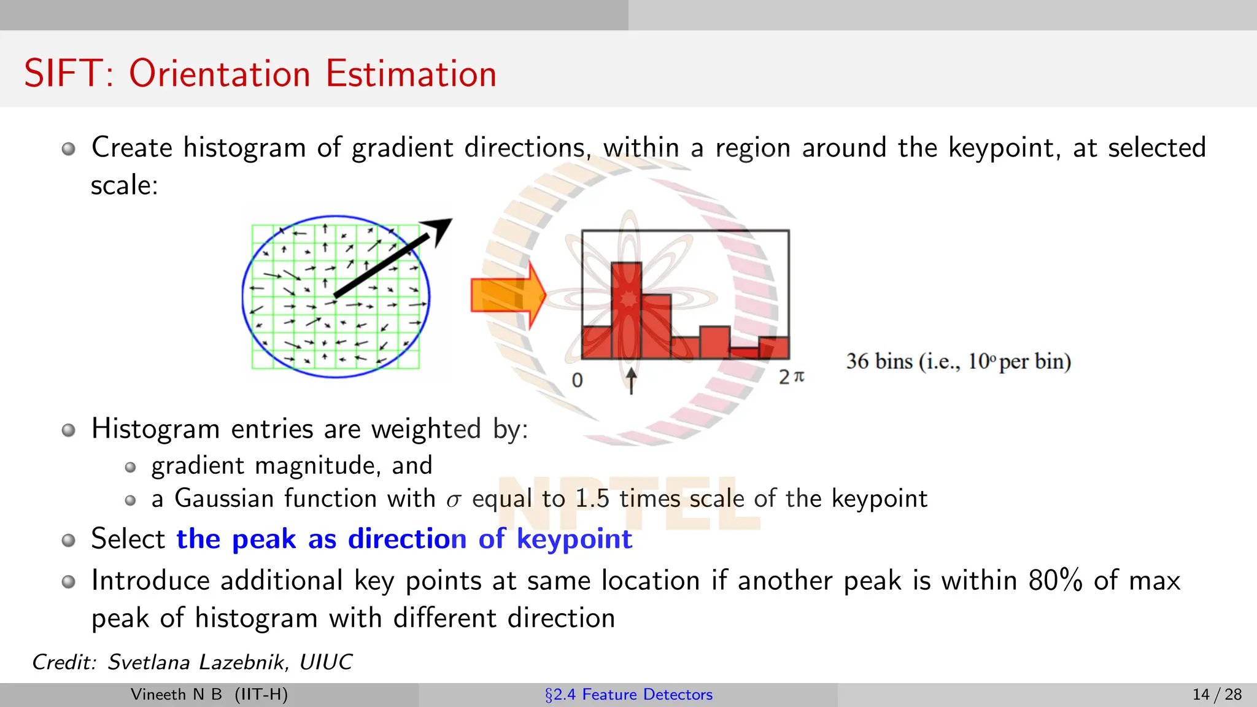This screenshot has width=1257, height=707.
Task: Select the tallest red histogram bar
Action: point(626,310)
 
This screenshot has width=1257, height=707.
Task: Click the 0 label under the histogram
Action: point(577,381)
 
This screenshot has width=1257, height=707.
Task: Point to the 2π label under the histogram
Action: point(791,377)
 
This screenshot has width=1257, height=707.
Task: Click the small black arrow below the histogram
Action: point(631,381)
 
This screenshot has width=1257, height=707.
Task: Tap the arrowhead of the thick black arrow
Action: point(441,230)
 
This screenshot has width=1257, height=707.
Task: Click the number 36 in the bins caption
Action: point(857,361)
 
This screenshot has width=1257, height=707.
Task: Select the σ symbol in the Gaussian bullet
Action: point(453,500)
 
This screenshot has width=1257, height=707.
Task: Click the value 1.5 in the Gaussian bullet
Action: point(592,498)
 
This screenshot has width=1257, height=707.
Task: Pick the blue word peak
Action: point(264,539)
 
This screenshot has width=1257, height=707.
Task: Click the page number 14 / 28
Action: point(1216,695)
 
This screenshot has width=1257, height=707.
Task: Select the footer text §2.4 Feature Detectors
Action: point(628,695)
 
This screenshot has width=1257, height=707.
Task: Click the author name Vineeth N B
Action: point(176,695)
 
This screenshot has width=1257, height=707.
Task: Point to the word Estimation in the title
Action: point(411,74)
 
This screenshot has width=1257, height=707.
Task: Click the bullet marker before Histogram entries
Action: point(69,430)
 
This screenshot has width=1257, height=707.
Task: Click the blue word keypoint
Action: point(574,539)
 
